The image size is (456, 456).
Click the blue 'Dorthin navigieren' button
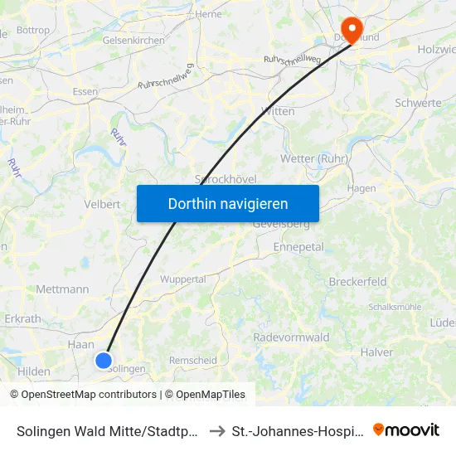228,203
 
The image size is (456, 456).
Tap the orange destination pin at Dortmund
352,31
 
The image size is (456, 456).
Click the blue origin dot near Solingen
103,360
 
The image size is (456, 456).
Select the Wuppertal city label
182,279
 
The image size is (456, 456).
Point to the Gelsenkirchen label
133,40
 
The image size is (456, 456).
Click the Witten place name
278,111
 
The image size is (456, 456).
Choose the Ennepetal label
298,247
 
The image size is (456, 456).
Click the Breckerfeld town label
357,282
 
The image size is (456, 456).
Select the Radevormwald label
291,337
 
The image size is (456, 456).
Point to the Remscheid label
192,361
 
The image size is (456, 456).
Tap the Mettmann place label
63,289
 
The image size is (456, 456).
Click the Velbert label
103,204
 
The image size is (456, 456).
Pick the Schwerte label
418,103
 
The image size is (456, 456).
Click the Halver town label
376,352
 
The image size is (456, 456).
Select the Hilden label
33,371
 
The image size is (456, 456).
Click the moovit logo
406,429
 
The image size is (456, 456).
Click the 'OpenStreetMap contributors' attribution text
89,395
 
